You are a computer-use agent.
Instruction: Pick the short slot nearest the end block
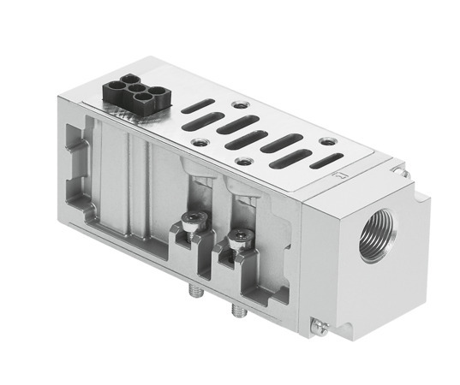pyautogui.click(x=324, y=160)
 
